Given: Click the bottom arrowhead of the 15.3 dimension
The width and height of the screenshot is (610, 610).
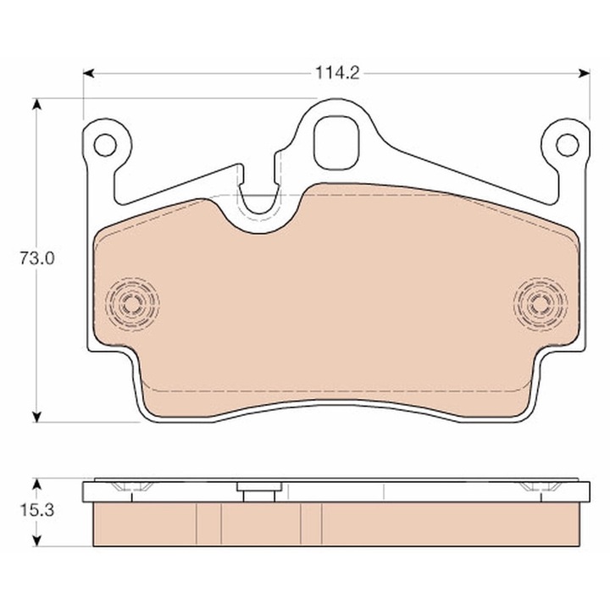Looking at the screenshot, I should pos(36,540).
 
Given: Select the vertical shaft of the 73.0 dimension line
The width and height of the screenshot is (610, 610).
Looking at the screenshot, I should pos(36,339).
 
